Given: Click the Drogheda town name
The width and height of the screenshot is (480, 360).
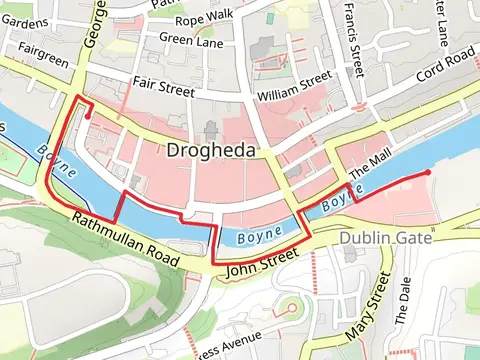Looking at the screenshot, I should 212,151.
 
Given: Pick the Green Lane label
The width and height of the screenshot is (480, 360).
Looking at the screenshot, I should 190,40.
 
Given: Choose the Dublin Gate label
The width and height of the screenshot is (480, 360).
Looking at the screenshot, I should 385,239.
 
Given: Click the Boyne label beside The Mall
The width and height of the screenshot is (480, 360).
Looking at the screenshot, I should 336,199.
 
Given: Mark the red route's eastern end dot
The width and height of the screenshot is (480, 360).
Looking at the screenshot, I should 428,173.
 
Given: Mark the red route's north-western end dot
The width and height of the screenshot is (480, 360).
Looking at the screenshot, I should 89,116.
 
